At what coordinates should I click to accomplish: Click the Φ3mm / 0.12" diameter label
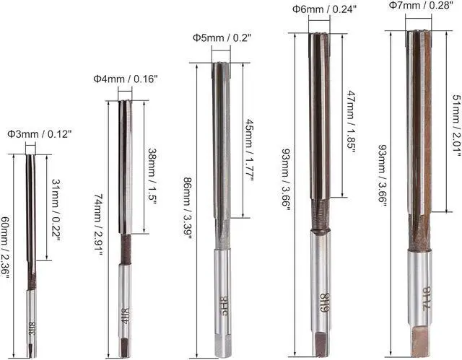[40, 134]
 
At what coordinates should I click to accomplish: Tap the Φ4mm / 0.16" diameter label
[126, 79]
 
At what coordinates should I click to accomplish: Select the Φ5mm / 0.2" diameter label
[222, 38]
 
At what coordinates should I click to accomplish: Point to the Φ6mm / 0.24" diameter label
[324, 9]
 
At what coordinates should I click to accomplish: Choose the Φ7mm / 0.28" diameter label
[421, 5]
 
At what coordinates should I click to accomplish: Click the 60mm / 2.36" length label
[5, 246]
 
